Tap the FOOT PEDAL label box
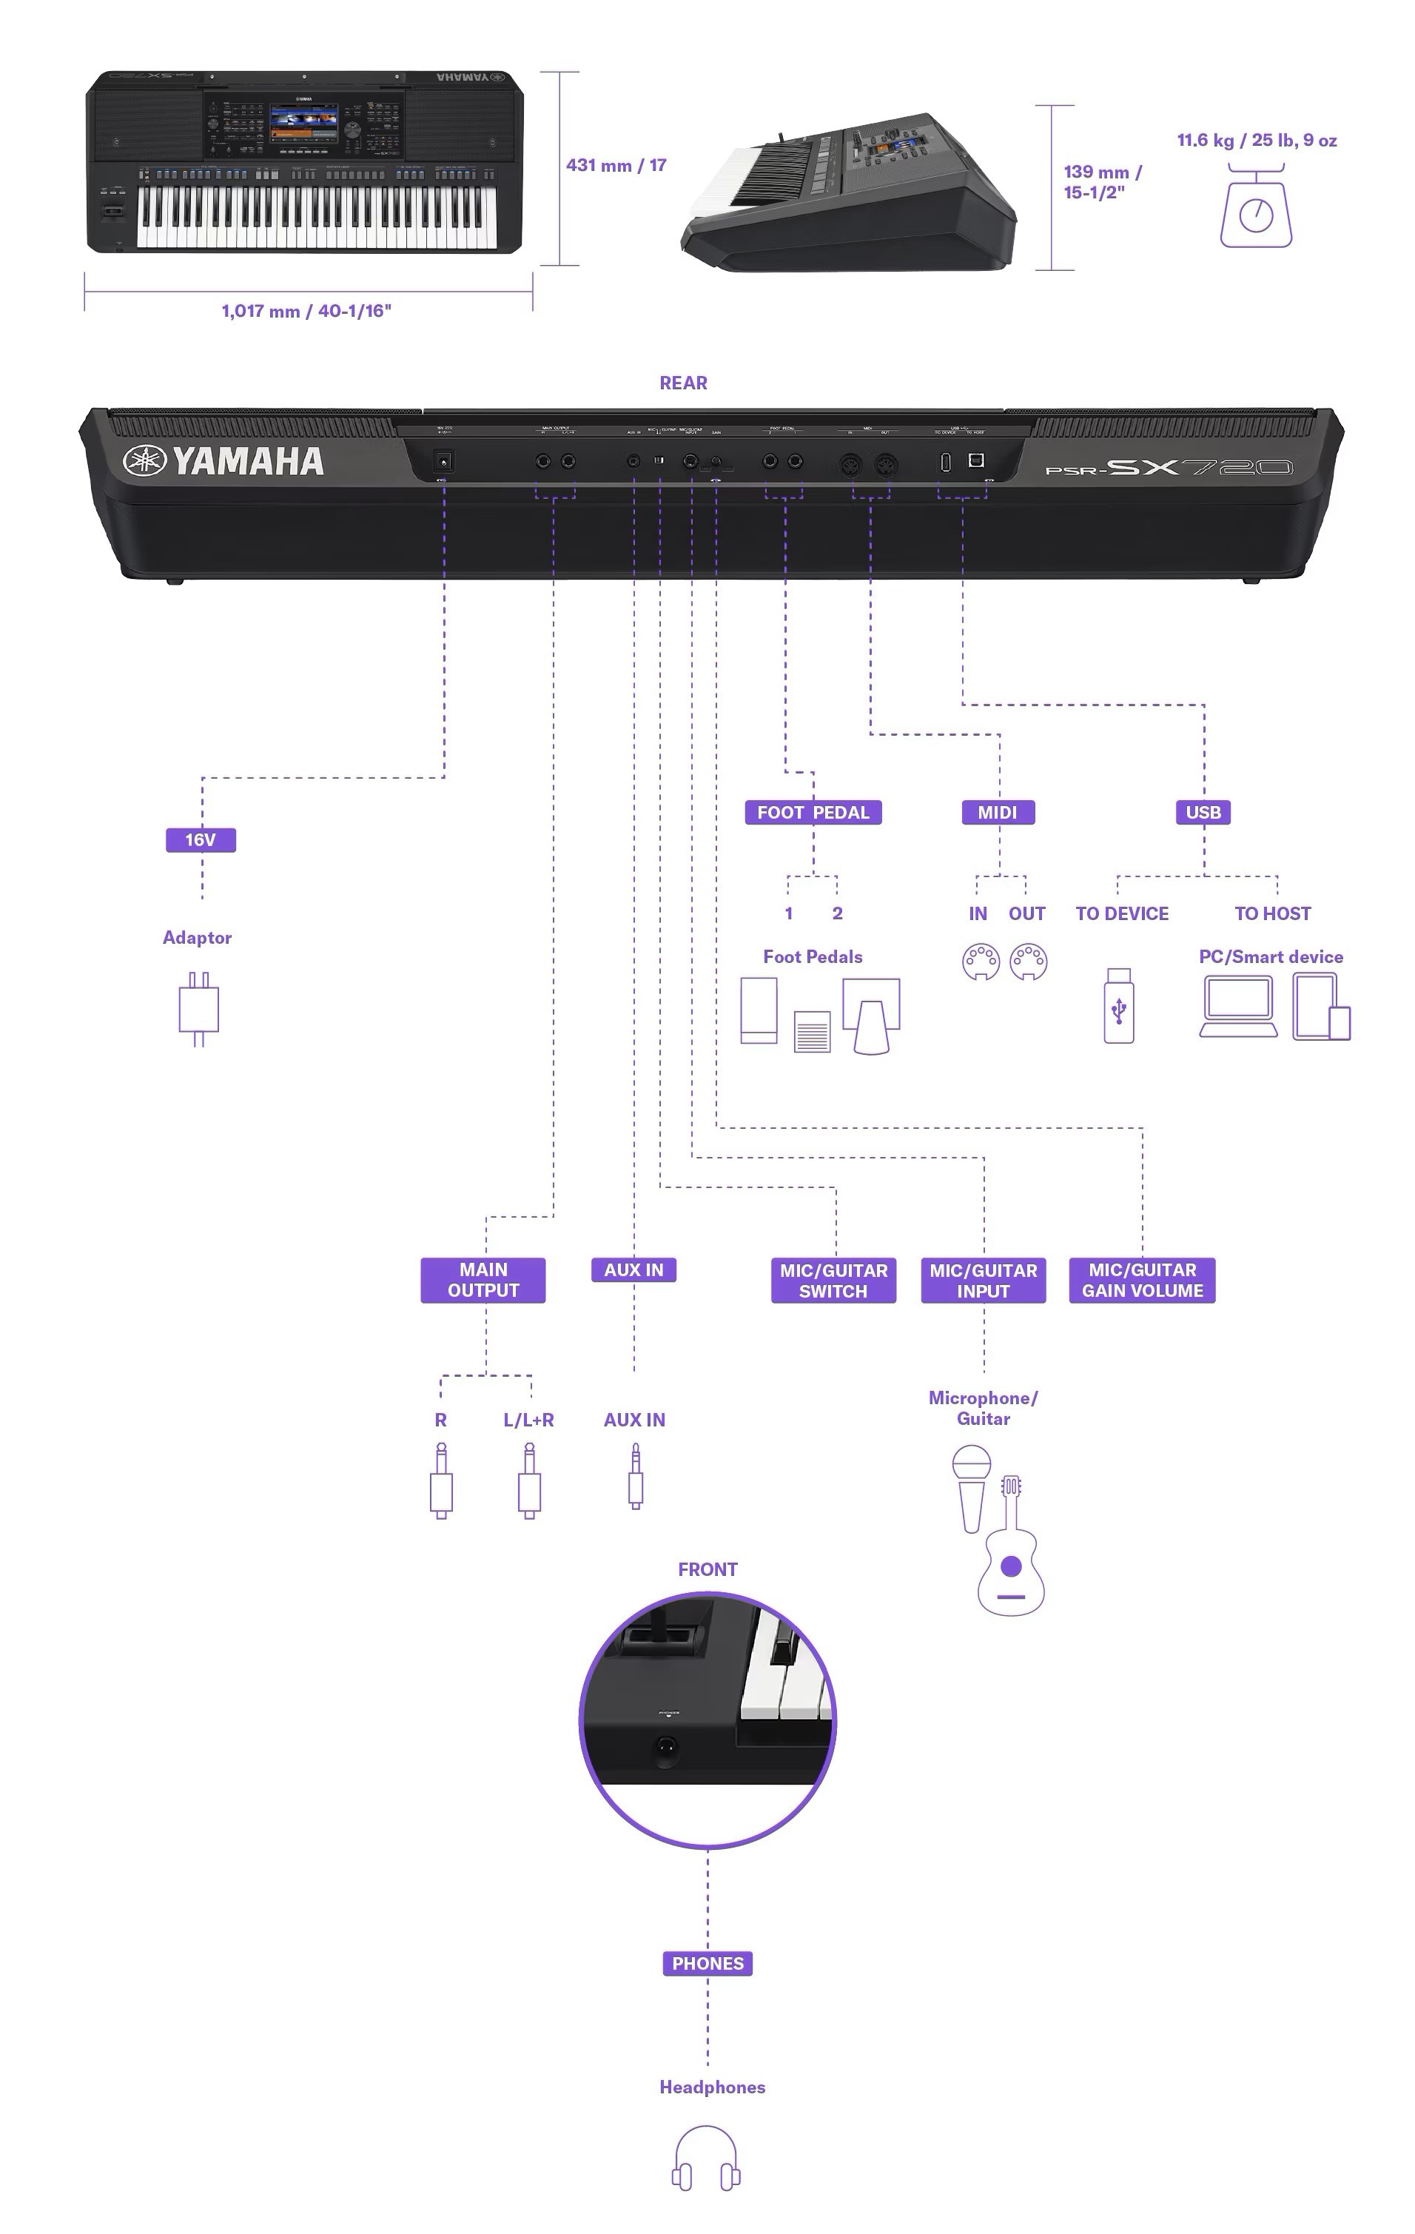(x=813, y=813)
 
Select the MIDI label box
(x=998, y=813)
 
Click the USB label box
(x=1203, y=813)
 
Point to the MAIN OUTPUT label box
(x=483, y=1281)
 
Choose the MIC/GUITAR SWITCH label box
(x=833, y=1281)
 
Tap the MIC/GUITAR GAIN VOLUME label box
(x=1143, y=1281)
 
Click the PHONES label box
(x=707, y=1964)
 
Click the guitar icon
(x=1011, y=1550)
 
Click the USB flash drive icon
(x=1119, y=1007)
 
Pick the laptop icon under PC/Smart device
(x=1238, y=1007)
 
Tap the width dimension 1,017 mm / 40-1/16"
(x=306, y=312)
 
